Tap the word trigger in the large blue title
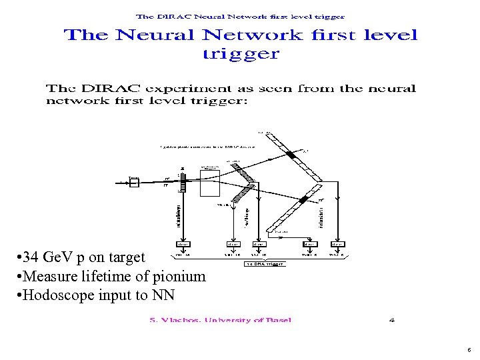(241, 54)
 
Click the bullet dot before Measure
(15, 277)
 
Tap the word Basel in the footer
(275, 320)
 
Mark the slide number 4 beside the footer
(392, 320)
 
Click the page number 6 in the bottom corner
(469, 349)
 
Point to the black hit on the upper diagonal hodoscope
(290, 155)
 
